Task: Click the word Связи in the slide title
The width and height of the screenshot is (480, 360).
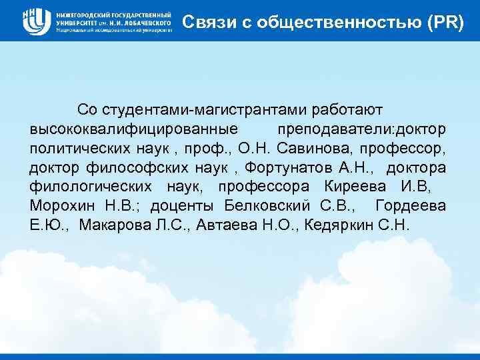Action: (203, 21)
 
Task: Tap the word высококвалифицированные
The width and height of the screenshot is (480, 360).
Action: (134, 128)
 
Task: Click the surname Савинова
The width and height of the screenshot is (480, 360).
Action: (309, 147)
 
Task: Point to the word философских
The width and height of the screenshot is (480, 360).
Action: (141, 167)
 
